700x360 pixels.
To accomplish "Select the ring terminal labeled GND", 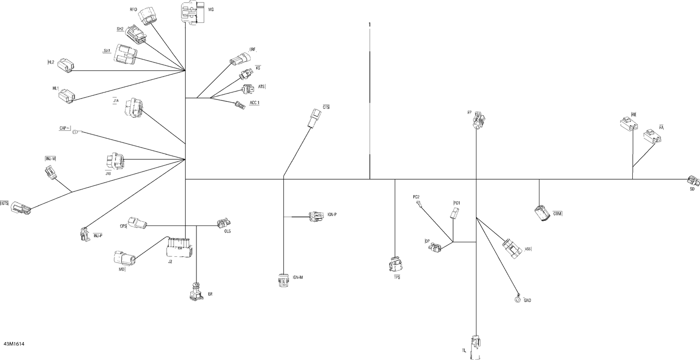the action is [x=517, y=299].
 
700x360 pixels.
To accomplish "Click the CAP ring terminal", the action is [x=76, y=132].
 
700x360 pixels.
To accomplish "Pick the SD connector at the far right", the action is [x=693, y=181].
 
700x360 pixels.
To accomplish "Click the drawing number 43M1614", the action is [x=14, y=344].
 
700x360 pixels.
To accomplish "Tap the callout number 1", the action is [x=370, y=24].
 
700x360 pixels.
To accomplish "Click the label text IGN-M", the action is [x=298, y=277].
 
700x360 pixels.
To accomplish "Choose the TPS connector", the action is [x=396, y=264].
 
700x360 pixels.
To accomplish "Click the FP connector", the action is [x=479, y=120].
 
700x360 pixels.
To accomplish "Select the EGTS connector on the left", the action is [x=21, y=208].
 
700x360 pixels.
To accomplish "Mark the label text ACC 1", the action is [x=254, y=103].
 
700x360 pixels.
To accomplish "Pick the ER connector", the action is [x=196, y=292].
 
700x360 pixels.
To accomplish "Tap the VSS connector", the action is [x=512, y=249].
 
